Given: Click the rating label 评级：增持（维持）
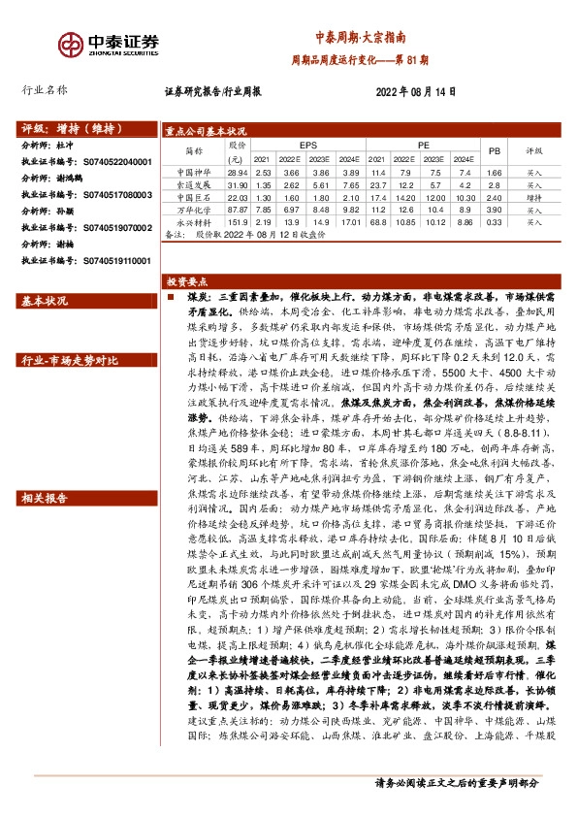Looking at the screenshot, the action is tap(66, 128).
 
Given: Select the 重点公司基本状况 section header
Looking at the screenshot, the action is tap(206, 130).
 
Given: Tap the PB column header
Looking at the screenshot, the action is tap(493, 151).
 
